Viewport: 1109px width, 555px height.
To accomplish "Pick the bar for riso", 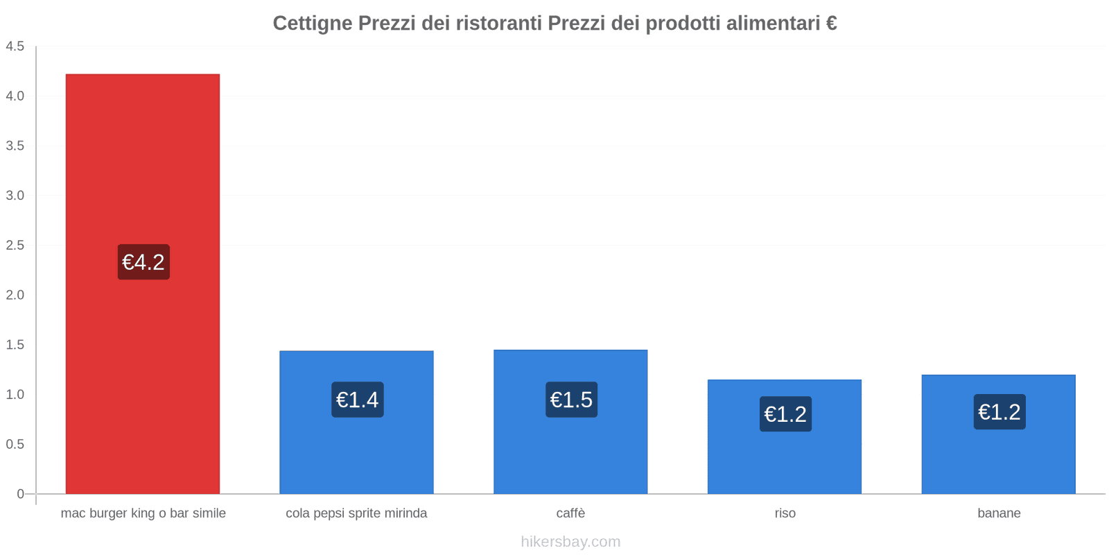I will [x=785, y=458].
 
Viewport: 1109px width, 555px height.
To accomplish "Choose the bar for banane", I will [x=998, y=458].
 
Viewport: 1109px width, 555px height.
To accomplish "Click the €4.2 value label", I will [x=143, y=262].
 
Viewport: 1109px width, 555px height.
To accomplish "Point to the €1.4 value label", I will [x=357, y=400].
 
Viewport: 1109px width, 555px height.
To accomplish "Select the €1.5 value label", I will [x=571, y=400].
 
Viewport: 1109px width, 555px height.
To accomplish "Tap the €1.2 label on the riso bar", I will [x=785, y=414].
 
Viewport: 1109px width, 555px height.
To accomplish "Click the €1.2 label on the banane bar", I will [x=999, y=412].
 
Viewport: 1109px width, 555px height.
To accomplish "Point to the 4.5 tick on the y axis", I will [x=15, y=46].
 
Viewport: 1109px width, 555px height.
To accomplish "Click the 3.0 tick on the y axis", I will [x=15, y=196].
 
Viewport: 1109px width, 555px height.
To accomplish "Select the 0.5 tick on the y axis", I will [x=15, y=444].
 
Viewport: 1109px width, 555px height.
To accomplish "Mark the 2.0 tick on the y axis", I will [x=15, y=295].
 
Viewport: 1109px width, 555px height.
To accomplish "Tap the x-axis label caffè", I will [x=570, y=513].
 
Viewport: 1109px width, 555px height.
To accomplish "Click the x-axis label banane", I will [x=999, y=513].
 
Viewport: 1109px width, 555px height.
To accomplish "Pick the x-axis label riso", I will [x=785, y=513].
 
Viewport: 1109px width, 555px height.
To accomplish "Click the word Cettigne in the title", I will [x=312, y=24].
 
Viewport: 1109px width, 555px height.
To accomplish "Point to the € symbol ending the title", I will [x=831, y=24].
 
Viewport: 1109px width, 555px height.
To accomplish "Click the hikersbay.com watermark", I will [x=570, y=542].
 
